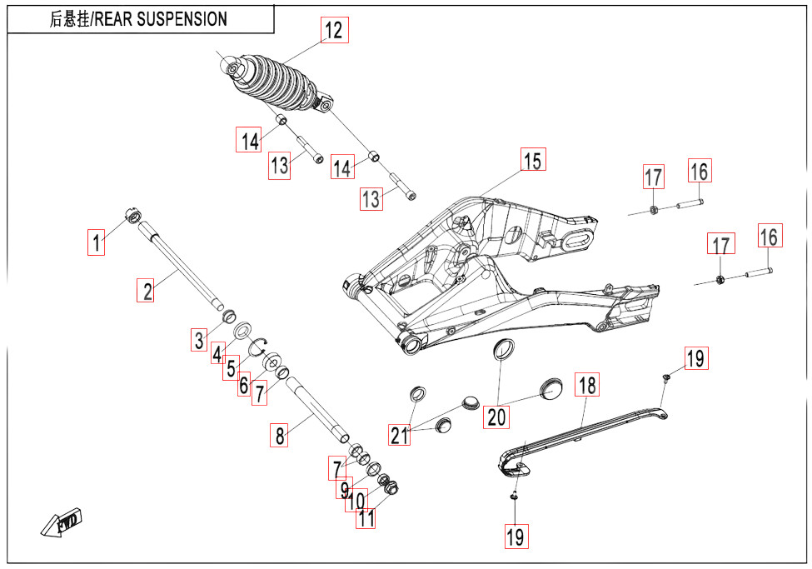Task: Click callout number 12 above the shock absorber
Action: [x=333, y=31]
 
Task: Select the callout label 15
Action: [x=532, y=160]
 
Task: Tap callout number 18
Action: [x=587, y=385]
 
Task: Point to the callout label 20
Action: [x=497, y=417]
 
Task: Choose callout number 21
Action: [x=401, y=434]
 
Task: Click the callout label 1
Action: [x=98, y=243]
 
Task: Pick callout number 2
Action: [x=147, y=291]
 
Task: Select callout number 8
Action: [x=280, y=435]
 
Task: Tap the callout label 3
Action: [x=198, y=340]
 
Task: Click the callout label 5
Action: [x=231, y=367]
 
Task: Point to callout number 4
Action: [x=218, y=353]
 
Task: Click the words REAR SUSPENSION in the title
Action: [x=160, y=19]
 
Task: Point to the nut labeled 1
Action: [x=132, y=215]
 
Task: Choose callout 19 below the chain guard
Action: [x=516, y=537]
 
